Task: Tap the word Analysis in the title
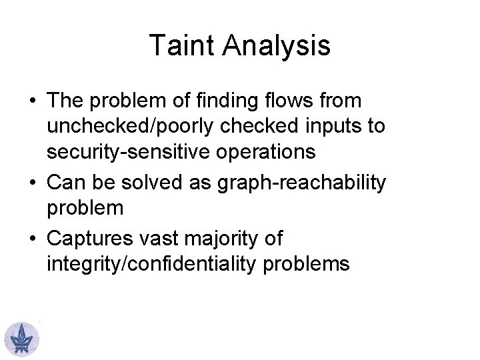tap(277, 46)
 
